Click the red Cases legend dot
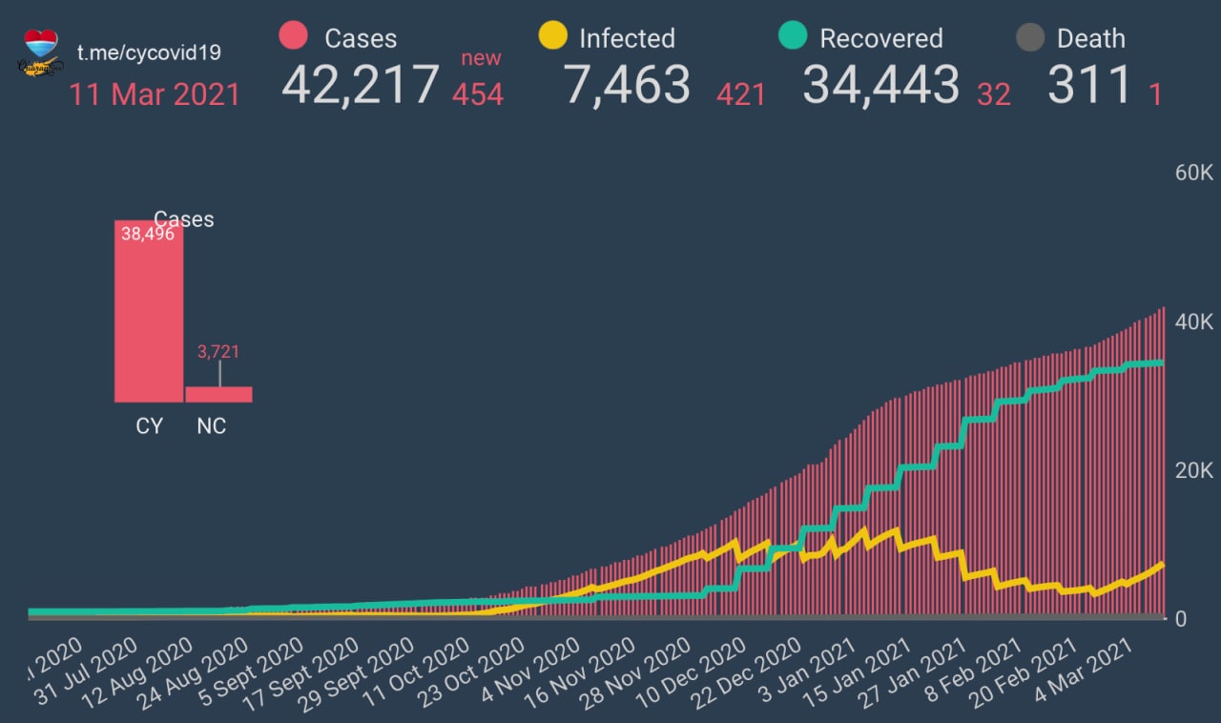tap(293, 36)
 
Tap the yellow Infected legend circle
tap(552, 36)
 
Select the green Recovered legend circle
tap(793, 36)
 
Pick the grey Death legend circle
tap(1029, 37)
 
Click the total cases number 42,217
tap(361, 84)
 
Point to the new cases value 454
tap(477, 93)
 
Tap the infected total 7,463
tap(627, 84)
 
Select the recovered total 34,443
tap(880, 84)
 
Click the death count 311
tap(1089, 84)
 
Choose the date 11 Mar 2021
tap(154, 94)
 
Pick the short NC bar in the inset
tap(218, 394)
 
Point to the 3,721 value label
tap(218, 352)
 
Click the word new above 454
tap(481, 58)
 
